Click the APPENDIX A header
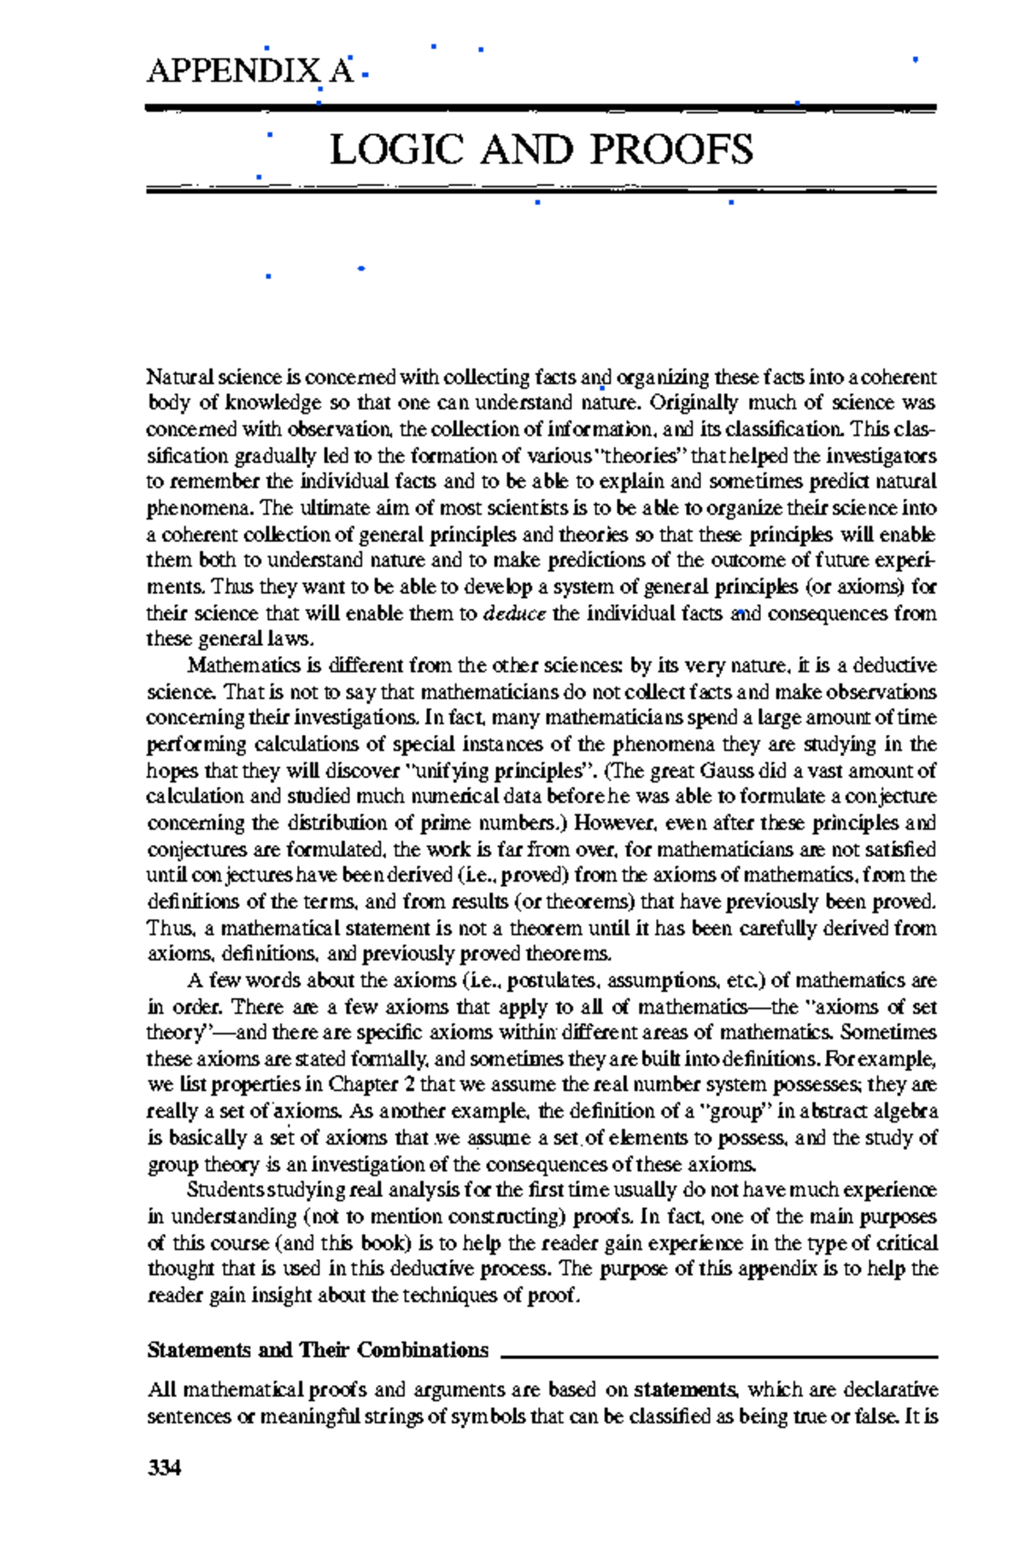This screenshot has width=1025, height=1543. [x=249, y=70]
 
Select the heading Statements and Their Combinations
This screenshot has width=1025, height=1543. [x=317, y=1351]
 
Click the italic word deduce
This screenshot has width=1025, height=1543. [x=514, y=613]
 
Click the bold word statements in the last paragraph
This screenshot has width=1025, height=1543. [x=687, y=1390]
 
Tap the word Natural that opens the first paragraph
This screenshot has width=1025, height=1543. [x=179, y=377]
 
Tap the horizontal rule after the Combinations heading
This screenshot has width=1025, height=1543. [x=718, y=1357]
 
